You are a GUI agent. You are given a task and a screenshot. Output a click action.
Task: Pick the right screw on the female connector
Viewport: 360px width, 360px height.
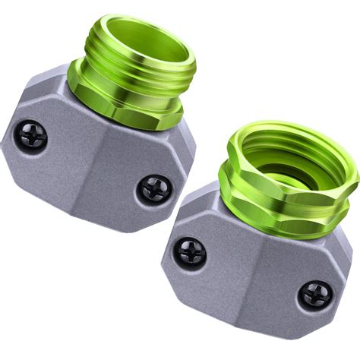pyautogui.click(x=314, y=294)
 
